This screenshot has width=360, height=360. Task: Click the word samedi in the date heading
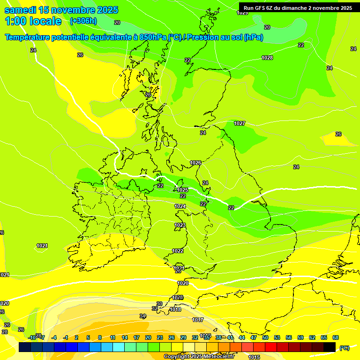(x=20, y=10)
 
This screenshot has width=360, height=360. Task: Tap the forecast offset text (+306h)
(x=83, y=21)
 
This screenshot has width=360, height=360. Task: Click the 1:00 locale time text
(x=33, y=21)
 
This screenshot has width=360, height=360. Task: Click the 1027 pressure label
(x=240, y=123)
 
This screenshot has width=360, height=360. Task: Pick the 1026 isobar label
(x=195, y=163)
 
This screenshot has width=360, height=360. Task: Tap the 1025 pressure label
(x=182, y=190)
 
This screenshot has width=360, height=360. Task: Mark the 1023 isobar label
(x=180, y=225)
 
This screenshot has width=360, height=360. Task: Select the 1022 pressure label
(x=178, y=251)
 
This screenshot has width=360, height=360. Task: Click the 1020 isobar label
(x=183, y=283)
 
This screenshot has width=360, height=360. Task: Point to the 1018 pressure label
(x=175, y=309)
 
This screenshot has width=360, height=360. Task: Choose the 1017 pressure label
(x=198, y=320)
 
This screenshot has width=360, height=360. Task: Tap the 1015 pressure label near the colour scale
(x=254, y=357)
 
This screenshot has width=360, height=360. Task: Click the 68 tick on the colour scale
(x=336, y=337)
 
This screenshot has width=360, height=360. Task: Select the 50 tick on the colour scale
(x=265, y=337)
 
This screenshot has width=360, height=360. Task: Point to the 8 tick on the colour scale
(x=100, y=337)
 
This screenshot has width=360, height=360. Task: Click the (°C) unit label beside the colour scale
(x=345, y=348)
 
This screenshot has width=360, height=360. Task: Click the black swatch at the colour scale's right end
(x=330, y=347)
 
